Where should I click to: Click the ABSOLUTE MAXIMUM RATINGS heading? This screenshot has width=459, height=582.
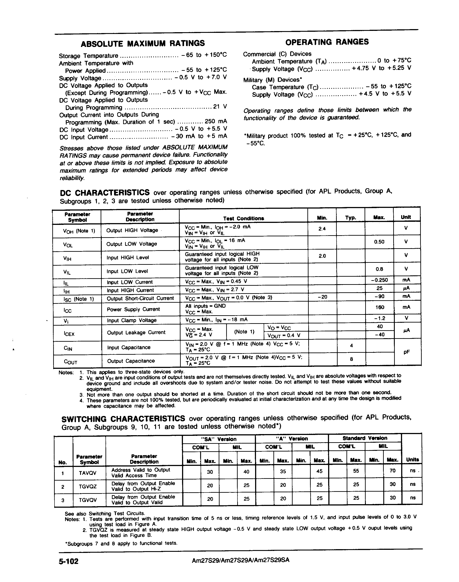143,43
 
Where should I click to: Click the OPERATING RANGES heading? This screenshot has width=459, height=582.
327,42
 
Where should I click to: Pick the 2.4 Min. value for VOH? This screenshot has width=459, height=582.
322,229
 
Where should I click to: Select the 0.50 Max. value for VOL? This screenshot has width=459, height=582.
379,242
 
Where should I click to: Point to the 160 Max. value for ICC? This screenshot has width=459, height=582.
380,307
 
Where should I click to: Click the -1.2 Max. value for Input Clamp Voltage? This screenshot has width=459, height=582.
380,318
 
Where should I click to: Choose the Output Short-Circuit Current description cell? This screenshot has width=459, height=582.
140,298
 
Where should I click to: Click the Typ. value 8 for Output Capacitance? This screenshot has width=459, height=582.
351,359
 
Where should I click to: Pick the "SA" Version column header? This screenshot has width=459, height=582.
218,439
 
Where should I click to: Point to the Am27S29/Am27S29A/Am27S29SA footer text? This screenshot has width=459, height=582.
241,560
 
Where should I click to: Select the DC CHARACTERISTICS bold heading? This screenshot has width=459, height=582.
105,193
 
